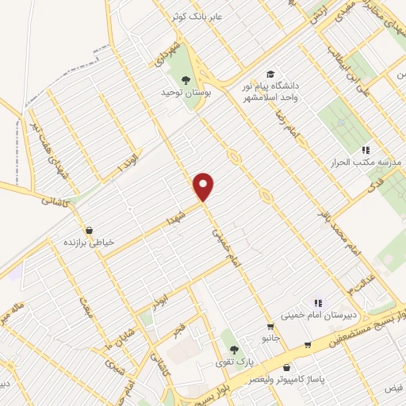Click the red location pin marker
[205, 186]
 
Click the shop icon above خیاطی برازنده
[88, 230]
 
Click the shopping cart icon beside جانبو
[270, 326]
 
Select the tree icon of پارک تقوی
[233, 349]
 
